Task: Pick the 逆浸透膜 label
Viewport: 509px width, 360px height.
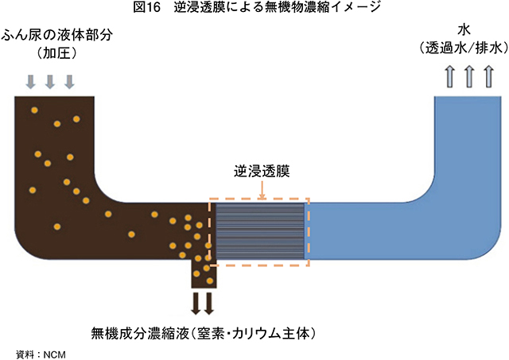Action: (x=260, y=171)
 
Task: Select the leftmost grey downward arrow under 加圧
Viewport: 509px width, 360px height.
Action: (x=31, y=81)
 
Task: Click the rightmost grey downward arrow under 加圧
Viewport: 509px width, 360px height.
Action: (x=69, y=81)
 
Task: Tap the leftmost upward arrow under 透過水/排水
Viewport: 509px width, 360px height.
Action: (x=449, y=77)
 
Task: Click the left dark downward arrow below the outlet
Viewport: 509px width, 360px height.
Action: (x=196, y=303)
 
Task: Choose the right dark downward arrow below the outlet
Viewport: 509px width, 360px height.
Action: (x=209, y=303)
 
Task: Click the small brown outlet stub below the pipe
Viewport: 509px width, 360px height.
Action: (x=203, y=274)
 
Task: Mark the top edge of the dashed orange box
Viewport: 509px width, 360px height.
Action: (x=259, y=199)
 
